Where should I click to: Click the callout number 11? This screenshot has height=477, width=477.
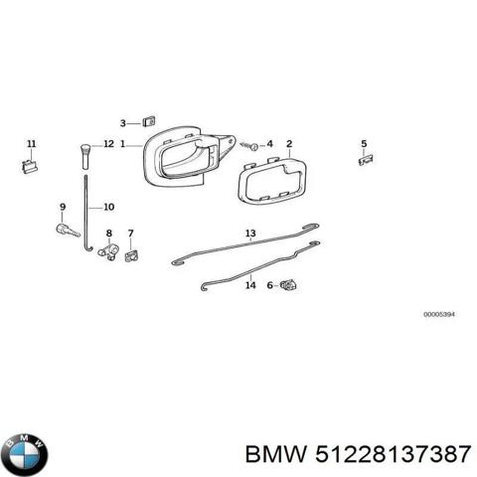point(32,144)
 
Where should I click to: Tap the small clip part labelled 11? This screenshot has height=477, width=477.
point(30,166)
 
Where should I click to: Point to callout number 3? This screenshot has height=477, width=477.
point(123,123)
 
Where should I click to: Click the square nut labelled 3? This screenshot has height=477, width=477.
point(149,121)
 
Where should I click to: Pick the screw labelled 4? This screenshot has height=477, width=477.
point(249,145)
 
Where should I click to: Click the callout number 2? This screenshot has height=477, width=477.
point(289,144)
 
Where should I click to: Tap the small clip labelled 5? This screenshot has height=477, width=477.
point(366,160)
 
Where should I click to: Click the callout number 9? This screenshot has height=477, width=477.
point(63,207)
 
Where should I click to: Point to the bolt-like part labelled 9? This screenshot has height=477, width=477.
point(68,231)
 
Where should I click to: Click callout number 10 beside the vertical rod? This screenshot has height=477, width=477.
point(109,207)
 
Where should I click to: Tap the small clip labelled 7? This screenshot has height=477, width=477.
point(131,255)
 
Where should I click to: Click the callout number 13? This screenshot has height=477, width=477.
point(250,234)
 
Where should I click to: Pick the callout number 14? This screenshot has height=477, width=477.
point(250,285)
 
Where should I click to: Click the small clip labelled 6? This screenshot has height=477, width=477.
point(288,285)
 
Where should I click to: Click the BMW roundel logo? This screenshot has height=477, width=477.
point(24,454)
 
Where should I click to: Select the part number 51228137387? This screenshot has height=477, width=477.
point(394,454)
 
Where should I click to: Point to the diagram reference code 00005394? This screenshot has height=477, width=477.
point(439,314)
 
